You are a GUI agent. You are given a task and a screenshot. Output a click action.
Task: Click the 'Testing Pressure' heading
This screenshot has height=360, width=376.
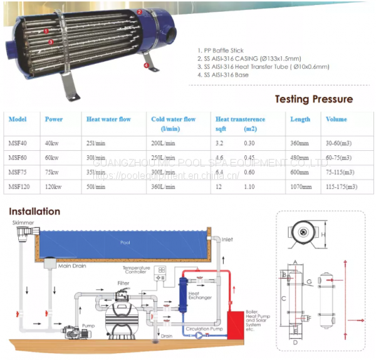click(314, 99)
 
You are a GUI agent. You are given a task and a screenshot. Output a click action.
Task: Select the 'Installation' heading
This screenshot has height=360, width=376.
click(34, 212)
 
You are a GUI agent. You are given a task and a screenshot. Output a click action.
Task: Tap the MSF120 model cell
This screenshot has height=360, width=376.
click(18, 186)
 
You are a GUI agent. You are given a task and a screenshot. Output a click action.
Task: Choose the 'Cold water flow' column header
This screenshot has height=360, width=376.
click(174, 119)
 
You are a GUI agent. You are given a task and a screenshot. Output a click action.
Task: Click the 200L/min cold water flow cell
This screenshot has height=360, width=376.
click(163, 143)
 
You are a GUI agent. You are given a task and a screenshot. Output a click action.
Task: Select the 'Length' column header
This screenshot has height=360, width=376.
click(300, 119)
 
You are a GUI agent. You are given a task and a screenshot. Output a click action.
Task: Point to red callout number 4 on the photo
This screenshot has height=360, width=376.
click(147, 64)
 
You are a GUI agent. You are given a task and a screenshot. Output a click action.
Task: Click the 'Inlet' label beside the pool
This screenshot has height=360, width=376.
click(226, 239)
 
